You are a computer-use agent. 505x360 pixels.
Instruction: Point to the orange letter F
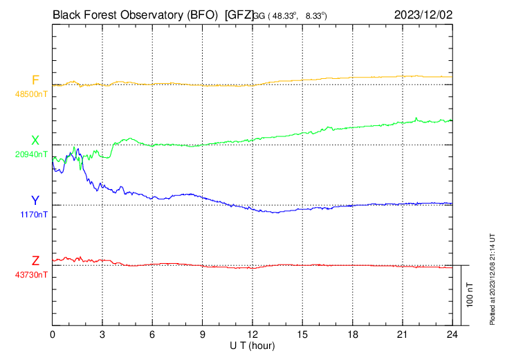[35, 80]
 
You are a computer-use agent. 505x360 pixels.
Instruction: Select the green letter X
[35, 141]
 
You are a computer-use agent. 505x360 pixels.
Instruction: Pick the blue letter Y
[35, 201]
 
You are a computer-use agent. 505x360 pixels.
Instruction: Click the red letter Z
[35, 261]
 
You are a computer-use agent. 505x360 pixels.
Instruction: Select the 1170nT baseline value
[33, 215]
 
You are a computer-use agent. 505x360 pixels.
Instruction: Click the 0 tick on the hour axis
[53, 334]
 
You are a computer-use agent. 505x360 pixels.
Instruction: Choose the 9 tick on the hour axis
[203, 334]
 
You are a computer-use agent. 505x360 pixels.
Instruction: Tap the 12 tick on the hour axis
[252, 334]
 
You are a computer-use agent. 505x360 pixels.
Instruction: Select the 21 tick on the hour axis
[402, 334]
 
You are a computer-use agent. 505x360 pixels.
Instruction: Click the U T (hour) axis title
[252, 345]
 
